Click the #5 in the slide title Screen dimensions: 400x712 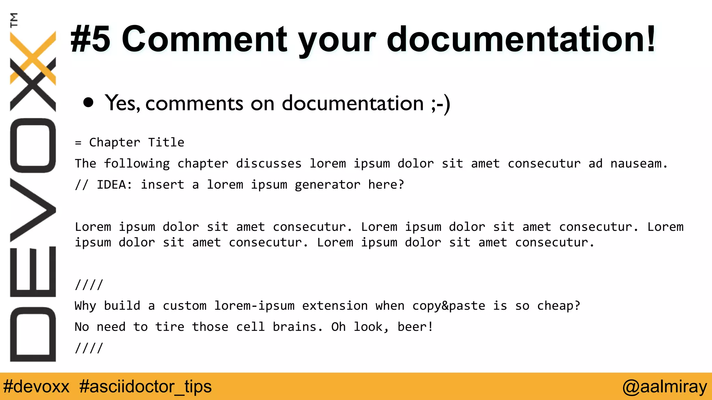point(90,39)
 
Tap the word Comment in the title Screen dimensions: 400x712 point(204,39)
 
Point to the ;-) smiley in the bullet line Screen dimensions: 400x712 point(440,103)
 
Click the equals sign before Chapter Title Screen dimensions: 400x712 point(78,143)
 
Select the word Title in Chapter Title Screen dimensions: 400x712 point(166,142)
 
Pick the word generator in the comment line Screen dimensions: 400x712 point(327,185)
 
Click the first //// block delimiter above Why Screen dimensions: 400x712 point(89,285)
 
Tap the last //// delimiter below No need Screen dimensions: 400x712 point(89,348)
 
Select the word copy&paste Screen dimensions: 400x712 point(448,306)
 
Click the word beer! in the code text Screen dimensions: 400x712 point(415,327)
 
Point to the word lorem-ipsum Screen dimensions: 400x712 point(254,306)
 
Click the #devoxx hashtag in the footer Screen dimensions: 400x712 point(37,386)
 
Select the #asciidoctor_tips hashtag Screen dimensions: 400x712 point(145,386)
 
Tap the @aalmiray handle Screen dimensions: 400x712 point(665,386)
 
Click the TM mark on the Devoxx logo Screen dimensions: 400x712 point(14,20)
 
